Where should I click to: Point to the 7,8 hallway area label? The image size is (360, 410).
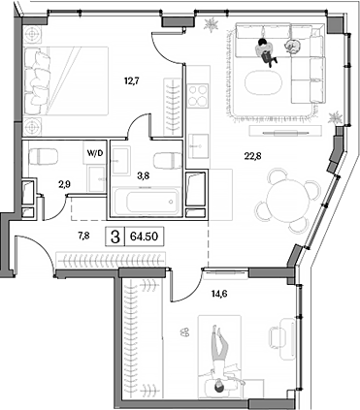83,235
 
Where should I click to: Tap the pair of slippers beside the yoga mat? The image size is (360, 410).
184,332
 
